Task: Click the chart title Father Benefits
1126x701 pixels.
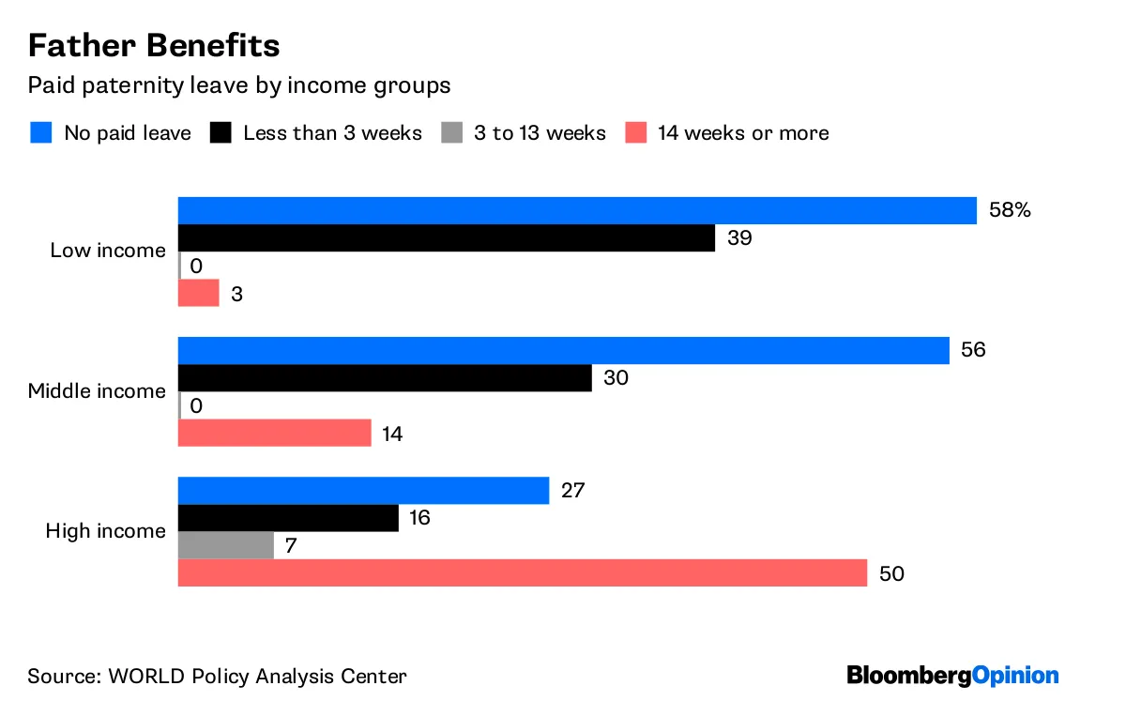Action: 153,45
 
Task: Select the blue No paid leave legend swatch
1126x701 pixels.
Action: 39,132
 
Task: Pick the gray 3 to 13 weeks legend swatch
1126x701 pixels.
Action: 451,132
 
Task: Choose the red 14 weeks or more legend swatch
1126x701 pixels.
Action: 635,132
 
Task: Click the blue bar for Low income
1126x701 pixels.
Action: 577,210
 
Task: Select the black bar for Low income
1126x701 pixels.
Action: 447,238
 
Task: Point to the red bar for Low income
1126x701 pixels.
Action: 198,294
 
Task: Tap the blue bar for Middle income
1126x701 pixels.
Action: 563,351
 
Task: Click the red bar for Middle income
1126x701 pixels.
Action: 274,434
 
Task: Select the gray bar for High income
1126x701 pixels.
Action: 225,545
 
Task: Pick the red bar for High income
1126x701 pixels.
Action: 522,573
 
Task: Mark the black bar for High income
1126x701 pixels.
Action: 288,518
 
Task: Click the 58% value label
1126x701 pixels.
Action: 1010,210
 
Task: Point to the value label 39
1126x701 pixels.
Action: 739,238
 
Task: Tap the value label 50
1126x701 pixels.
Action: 891,573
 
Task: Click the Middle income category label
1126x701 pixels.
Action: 97,391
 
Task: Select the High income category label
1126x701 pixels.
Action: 105,531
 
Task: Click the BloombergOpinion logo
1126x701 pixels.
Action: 952,675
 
